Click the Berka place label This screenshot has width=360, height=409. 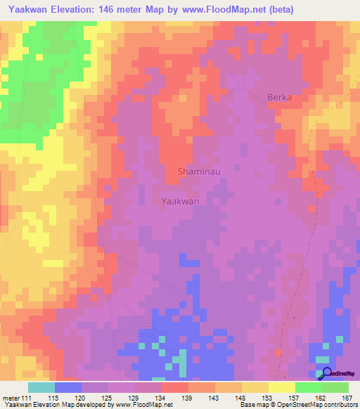pos(279,98)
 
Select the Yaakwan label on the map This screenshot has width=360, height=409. pos(181,201)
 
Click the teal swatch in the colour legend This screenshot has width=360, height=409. pos(41,387)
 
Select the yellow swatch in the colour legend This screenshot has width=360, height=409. pos(281,387)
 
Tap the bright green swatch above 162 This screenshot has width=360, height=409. pos(308,387)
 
